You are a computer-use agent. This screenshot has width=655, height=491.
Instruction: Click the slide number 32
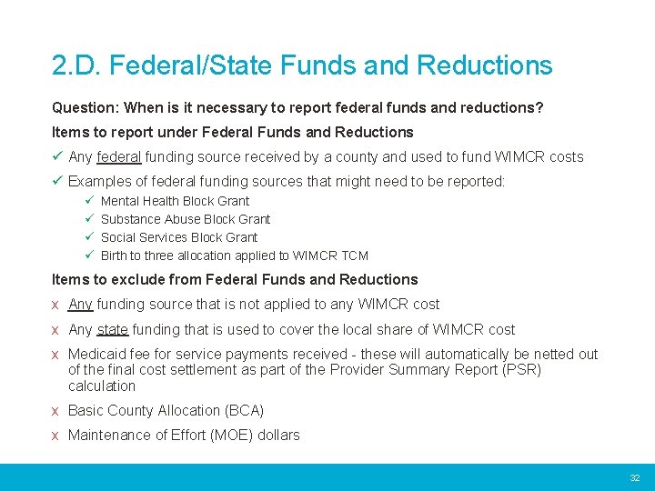(x=635, y=478)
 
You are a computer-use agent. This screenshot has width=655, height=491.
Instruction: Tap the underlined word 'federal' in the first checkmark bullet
(x=118, y=156)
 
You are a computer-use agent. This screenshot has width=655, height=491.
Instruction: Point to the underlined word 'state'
(x=113, y=329)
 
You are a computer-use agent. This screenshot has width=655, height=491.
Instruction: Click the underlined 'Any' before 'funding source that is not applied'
(x=80, y=304)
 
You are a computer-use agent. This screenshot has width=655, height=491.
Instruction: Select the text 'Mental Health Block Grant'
(x=175, y=201)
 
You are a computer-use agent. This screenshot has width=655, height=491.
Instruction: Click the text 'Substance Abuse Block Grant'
(x=186, y=219)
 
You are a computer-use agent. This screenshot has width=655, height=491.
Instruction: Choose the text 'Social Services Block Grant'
(x=179, y=237)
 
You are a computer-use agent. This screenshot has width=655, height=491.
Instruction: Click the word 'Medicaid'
(x=96, y=354)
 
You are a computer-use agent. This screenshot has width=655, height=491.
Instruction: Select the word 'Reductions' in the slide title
(x=484, y=65)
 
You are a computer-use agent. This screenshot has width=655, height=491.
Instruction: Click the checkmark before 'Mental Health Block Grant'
(x=89, y=201)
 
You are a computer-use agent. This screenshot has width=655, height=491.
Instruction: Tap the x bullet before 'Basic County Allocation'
(x=56, y=411)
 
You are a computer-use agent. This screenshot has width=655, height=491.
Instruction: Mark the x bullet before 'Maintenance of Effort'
(x=56, y=436)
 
